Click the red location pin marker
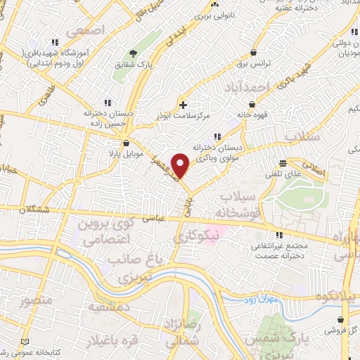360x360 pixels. pos(181,165)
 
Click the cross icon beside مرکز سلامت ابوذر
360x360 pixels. pos(183,105)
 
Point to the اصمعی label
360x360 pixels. pos(86,32)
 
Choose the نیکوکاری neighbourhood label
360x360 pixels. pos(196,238)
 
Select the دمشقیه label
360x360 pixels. pos(108,308)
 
